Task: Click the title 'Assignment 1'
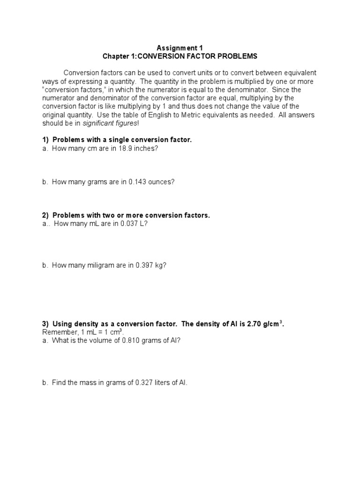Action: pos(180,47)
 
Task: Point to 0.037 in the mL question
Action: pos(123,224)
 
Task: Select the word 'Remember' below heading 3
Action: pos(57,332)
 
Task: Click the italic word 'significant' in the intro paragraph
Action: pos(99,123)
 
